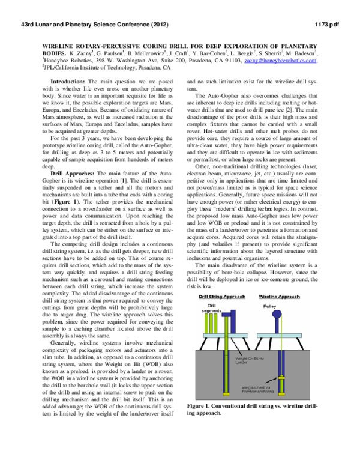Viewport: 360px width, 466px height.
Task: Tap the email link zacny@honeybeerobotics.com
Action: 283,61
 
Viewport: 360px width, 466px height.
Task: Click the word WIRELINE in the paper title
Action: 62,46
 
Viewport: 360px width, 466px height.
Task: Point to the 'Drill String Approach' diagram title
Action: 223,297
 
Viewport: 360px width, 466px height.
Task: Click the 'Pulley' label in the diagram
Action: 287,306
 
